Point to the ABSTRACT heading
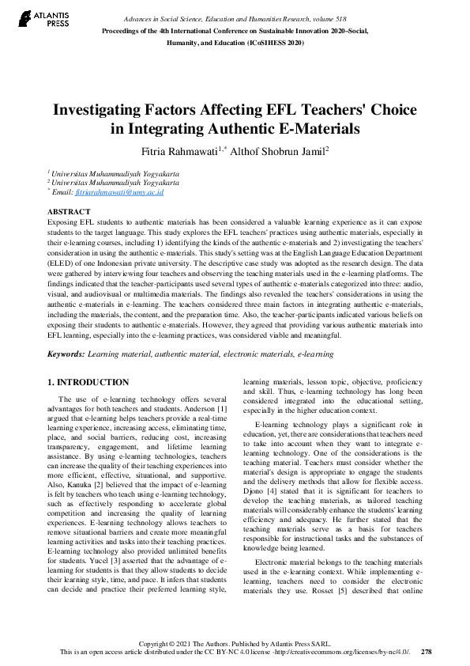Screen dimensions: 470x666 69,212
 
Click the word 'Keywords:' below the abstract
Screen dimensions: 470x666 68,355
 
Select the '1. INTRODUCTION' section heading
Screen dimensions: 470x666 88,382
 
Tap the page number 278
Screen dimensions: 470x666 427,652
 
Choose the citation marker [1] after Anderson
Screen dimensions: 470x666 223,411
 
